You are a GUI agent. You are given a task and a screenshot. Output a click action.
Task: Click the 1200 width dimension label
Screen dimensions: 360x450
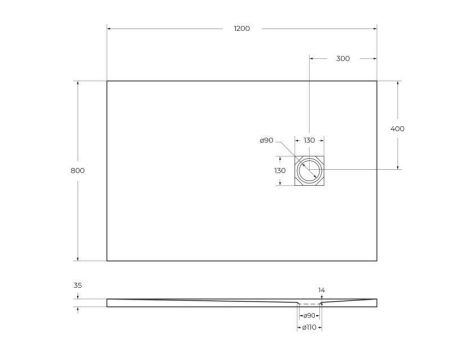(x=241, y=29)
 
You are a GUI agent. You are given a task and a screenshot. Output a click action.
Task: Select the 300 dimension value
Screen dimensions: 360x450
(x=342, y=59)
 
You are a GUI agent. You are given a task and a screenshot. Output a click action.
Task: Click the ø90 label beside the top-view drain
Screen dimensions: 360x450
(x=266, y=141)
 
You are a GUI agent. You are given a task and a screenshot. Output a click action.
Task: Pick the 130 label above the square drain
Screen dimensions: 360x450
(x=309, y=141)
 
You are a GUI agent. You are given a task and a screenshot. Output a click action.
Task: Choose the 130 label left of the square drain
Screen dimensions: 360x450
(x=282, y=171)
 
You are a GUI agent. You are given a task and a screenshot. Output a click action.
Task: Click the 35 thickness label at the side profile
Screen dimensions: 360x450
(x=78, y=285)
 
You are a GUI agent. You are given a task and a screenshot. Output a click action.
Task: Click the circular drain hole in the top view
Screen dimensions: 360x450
(x=309, y=172)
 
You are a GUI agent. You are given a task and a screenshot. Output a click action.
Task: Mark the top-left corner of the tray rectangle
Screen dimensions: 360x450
(x=107, y=81)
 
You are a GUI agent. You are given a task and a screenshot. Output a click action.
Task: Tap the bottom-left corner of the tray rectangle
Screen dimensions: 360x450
(x=107, y=262)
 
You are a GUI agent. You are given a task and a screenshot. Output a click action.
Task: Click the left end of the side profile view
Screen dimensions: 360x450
(x=108, y=300)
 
